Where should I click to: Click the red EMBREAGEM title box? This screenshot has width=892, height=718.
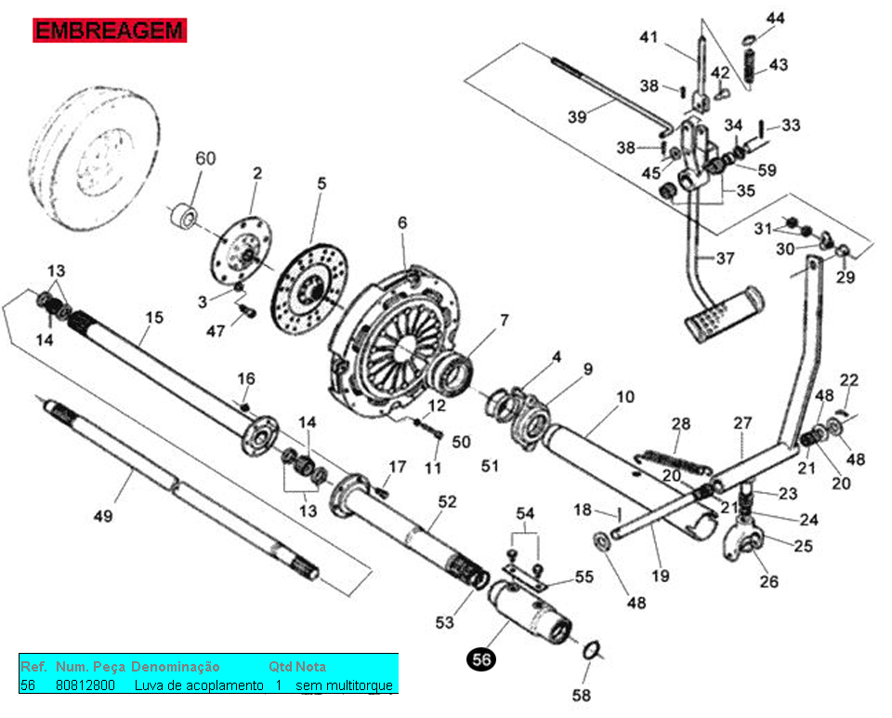tap(110, 30)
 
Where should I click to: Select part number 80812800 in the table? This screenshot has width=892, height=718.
tap(85, 685)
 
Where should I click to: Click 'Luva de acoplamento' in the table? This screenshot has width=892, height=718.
tap(199, 685)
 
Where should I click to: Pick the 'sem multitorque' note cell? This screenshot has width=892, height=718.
tap(344, 685)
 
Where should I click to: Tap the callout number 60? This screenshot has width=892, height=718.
tap(204, 158)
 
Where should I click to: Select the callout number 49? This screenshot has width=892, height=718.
tap(102, 515)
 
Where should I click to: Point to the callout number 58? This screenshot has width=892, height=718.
tap(580, 695)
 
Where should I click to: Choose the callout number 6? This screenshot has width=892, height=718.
tap(402, 222)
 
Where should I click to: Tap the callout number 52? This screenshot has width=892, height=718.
tap(447, 501)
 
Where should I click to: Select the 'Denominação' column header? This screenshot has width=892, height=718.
tap(176, 667)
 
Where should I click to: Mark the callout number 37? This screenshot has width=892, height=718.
tap(724, 258)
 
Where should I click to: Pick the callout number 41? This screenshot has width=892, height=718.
tap(649, 37)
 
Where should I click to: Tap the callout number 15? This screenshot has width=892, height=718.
tap(153, 318)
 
